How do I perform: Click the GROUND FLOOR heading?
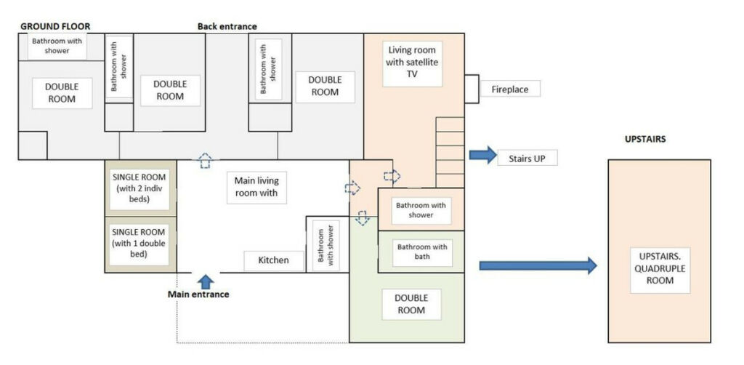[x=55, y=27]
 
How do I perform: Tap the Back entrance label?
[x=227, y=27]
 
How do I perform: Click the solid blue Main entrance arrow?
[x=206, y=281]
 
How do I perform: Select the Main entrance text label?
[x=198, y=294]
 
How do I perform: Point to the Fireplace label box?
[x=510, y=89]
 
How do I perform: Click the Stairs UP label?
[x=527, y=158]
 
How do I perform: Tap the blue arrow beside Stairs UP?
[x=483, y=155]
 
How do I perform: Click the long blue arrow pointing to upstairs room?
[x=538, y=265]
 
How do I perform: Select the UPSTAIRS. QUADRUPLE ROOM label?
[x=660, y=268]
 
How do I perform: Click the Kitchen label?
[x=274, y=260]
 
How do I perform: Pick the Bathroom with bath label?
[x=422, y=252]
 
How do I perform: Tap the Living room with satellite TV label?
[x=413, y=63]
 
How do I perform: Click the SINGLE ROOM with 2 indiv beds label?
[x=139, y=188]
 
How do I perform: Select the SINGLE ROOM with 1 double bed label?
[x=139, y=243]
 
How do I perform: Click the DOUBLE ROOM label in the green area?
[x=411, y=304]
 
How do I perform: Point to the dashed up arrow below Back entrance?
[x=205, y=161]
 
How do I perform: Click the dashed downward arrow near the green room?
[x=363, y=218]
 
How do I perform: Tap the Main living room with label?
[x=256, y=188]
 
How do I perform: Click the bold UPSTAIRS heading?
[x=645, y=140]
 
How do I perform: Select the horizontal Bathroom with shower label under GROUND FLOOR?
[x=57, y=46]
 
